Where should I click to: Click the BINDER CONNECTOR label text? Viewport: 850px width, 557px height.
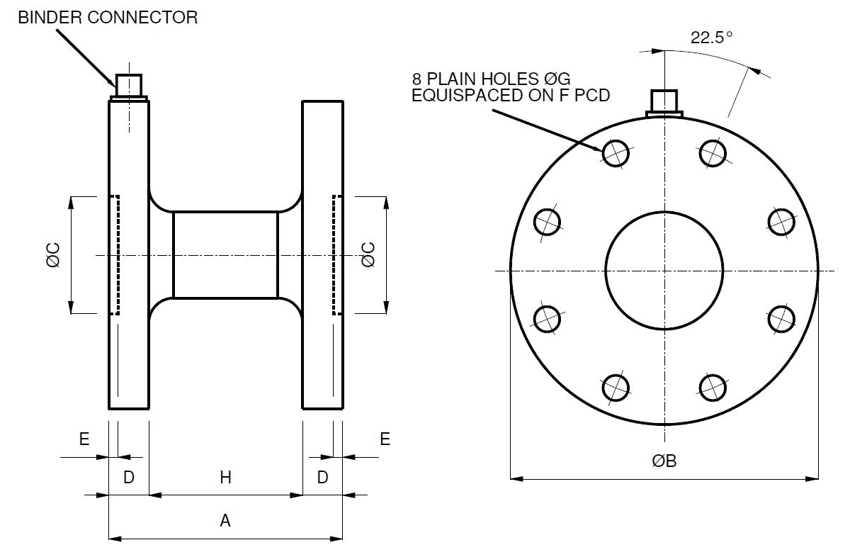(x=108, y=18)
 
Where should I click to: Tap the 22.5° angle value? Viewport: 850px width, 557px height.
(x=712, y=38)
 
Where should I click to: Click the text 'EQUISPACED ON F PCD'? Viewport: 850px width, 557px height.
(x=511, y=95)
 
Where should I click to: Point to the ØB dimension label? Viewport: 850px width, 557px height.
(x=664, y=461)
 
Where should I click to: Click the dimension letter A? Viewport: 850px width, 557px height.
(x=225, y=522)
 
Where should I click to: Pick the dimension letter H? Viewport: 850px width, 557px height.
(x=225, y=478)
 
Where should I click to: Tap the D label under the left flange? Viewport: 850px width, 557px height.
(x=129, y=478)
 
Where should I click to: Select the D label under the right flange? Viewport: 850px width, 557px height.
(x=322, y=478)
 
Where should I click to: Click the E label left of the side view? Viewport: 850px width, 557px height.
(x=84, y=439)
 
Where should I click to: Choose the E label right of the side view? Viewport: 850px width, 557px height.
(x=385, y=439)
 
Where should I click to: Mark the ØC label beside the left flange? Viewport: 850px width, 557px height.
(x=54, y=255)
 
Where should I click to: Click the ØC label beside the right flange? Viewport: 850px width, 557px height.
(x=368, y=255)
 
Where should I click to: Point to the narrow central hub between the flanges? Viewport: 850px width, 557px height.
(x=225, y=255)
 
